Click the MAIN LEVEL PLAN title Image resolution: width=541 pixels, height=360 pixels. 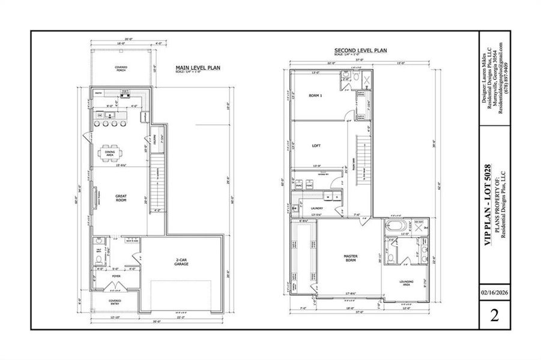(198, 68)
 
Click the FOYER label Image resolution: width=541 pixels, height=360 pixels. (115, 277)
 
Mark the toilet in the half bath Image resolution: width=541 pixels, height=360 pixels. (99, 260)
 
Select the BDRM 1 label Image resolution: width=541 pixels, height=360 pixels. (315, 96)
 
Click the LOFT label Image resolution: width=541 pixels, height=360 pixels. (316, 145)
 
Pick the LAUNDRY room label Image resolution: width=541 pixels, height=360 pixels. (317, 208)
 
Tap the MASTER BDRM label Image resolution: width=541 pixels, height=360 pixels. (351, 258)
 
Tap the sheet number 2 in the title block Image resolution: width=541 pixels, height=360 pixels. (495, 316)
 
